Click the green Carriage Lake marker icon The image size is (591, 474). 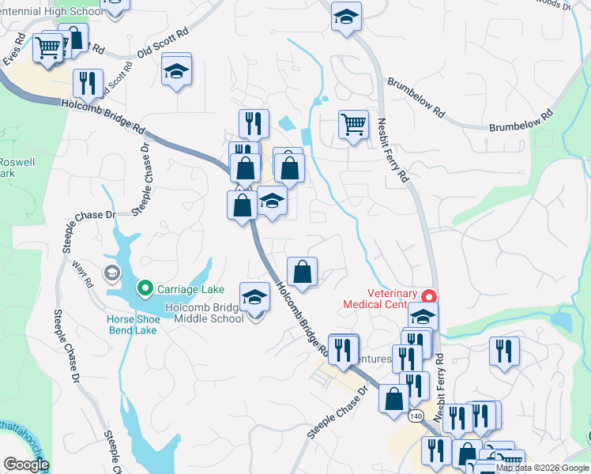pyautogui.click(x=145, y=288)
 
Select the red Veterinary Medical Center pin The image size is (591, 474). pyautogui.click(x=428, y=297)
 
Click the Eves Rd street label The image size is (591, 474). pyautogui.click(x=15, y=49)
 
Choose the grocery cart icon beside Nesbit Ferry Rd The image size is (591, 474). pyautogui.click(x=352, y=123)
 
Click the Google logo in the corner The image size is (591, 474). pyautogui.click(x=26, y=465)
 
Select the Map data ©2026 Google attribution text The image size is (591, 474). pyautogui.click(x=542, y=468)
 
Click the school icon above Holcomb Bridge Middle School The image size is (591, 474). pyautogui.click(x=254, y=297)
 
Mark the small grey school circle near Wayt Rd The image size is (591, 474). pyautogui.click(x=111, y=273)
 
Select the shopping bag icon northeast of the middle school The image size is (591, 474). pyautogui.click(x=302, y=272)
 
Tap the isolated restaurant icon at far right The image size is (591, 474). pyautogui.click(x=503, y=351)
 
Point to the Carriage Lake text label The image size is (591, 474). pyautogui.click(x=190, y=288)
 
